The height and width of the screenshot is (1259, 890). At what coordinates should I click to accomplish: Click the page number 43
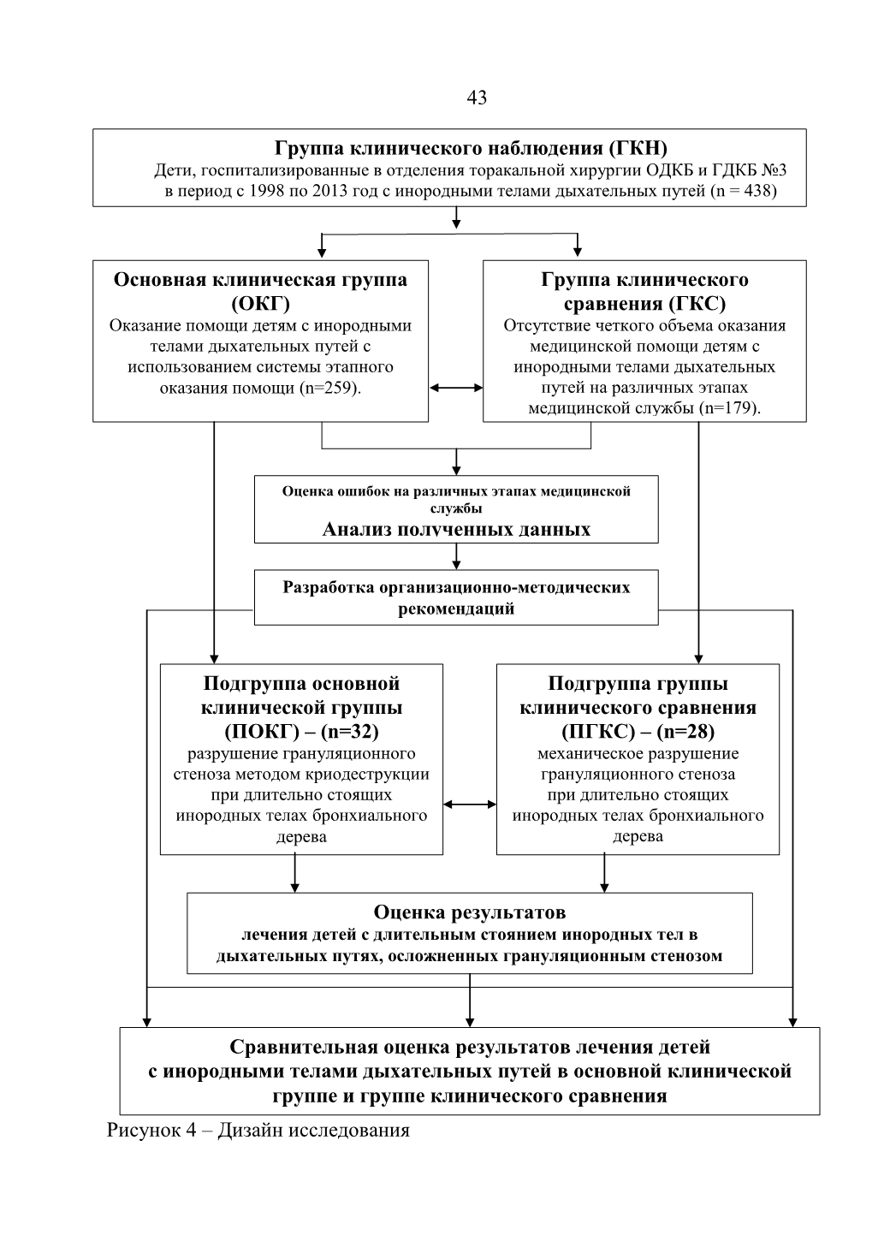tap(477, 98)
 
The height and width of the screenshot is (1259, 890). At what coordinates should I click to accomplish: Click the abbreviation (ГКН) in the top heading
tap(638, 148)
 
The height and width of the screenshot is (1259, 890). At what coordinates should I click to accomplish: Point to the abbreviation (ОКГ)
tap(261, 304)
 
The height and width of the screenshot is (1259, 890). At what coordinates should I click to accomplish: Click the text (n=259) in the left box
tap(329, 388)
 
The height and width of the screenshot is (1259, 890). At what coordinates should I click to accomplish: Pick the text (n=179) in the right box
tap(729, 408)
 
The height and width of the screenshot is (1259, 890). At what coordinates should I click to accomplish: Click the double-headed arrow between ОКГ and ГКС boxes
tap(455, 388)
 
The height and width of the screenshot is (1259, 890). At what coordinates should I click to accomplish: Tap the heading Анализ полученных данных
tap(455, 530)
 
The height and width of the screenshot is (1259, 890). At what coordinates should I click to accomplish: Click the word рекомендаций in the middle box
tap(455, 609)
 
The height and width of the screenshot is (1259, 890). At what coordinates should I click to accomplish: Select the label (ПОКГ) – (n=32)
tap(301, 731)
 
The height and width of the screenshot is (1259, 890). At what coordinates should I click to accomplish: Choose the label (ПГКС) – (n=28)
tap(638, 731)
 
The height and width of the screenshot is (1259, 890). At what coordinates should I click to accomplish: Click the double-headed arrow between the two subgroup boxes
tap(470, 805)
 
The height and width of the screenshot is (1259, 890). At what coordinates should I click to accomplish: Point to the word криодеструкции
tap(367, 775)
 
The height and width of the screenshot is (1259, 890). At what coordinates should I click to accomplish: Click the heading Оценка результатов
tap(469, 912)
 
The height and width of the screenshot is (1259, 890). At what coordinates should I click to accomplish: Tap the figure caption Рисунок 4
tap(151, 1130)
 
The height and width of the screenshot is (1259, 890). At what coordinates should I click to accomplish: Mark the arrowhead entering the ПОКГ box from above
tap(214, 659)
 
